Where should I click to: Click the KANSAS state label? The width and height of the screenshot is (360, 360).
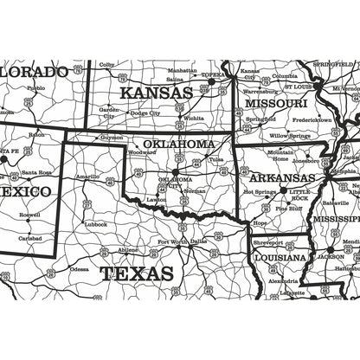(x=156, y=92)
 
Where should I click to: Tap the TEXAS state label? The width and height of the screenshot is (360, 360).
(x=136, y=274)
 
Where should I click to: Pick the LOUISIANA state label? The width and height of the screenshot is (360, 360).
(x=280, y=257)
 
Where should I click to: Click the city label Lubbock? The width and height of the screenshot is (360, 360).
(x=95, y=223)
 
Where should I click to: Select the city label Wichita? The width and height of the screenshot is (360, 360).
(x=194, y=118)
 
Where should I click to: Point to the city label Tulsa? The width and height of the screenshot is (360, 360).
(x=216, y=159)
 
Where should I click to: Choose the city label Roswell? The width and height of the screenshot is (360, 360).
(x=29, y=214)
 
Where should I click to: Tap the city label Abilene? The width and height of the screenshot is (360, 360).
(x=128, y=249)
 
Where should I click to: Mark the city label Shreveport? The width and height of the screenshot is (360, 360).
(x=269, y=243)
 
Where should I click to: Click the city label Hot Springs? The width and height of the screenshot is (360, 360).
(x=259, y=191)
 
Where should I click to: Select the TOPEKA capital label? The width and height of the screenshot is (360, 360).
(x=212, y=75)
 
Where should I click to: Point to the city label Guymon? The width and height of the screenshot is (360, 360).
(x=112, y=137)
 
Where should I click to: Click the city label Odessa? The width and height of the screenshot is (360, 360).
(x=79, y=268)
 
